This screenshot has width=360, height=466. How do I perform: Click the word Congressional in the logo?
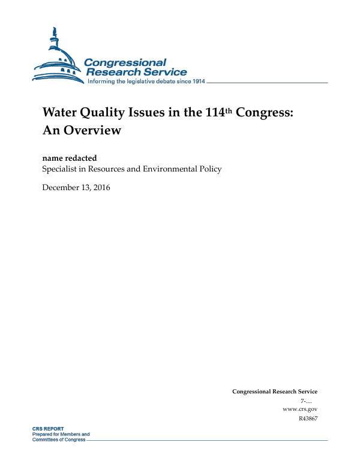[x=125, y=62]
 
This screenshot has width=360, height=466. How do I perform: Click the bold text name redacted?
[x=70, y=158]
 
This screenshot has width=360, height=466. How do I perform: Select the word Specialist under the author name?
[x=61, y=169]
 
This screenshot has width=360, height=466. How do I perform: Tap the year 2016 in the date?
[x=100, y=188]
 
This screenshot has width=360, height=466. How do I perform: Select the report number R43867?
[x=307, y=418]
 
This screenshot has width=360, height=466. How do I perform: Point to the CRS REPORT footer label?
[x=47, y=429]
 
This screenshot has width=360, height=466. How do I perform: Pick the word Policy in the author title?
[x=210, y=169]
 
